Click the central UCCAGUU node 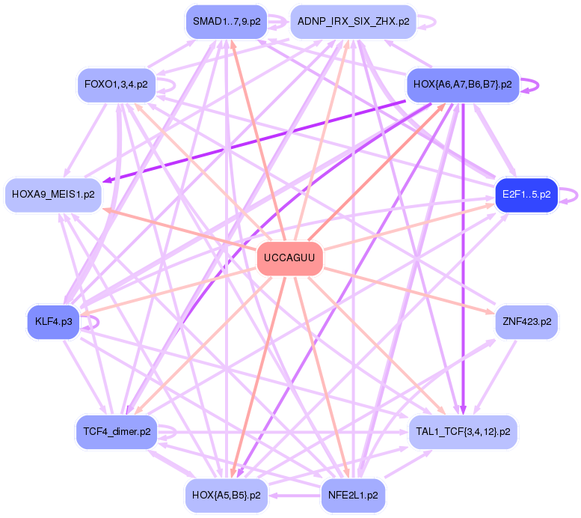pyautogui.click(x=290, y=259)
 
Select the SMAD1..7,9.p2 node pyautogui.click(x=227, y=21)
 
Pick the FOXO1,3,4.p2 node pyautogui.click(x=115, y=85)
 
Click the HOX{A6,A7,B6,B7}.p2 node pyautogui.click(x=462, y=85)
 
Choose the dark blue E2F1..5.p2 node pyautogui.click(x=526, y=195)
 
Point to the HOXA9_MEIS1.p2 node pyautogui.click(x=53, y=195)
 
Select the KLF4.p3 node pyautogui.click(x=53, y=322)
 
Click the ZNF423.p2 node pyautogui.click(x=526, y=322)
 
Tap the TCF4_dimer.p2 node pyautogui.click(x=115, y=431)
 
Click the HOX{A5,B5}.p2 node pyautogui.click(x=227, y=495)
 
